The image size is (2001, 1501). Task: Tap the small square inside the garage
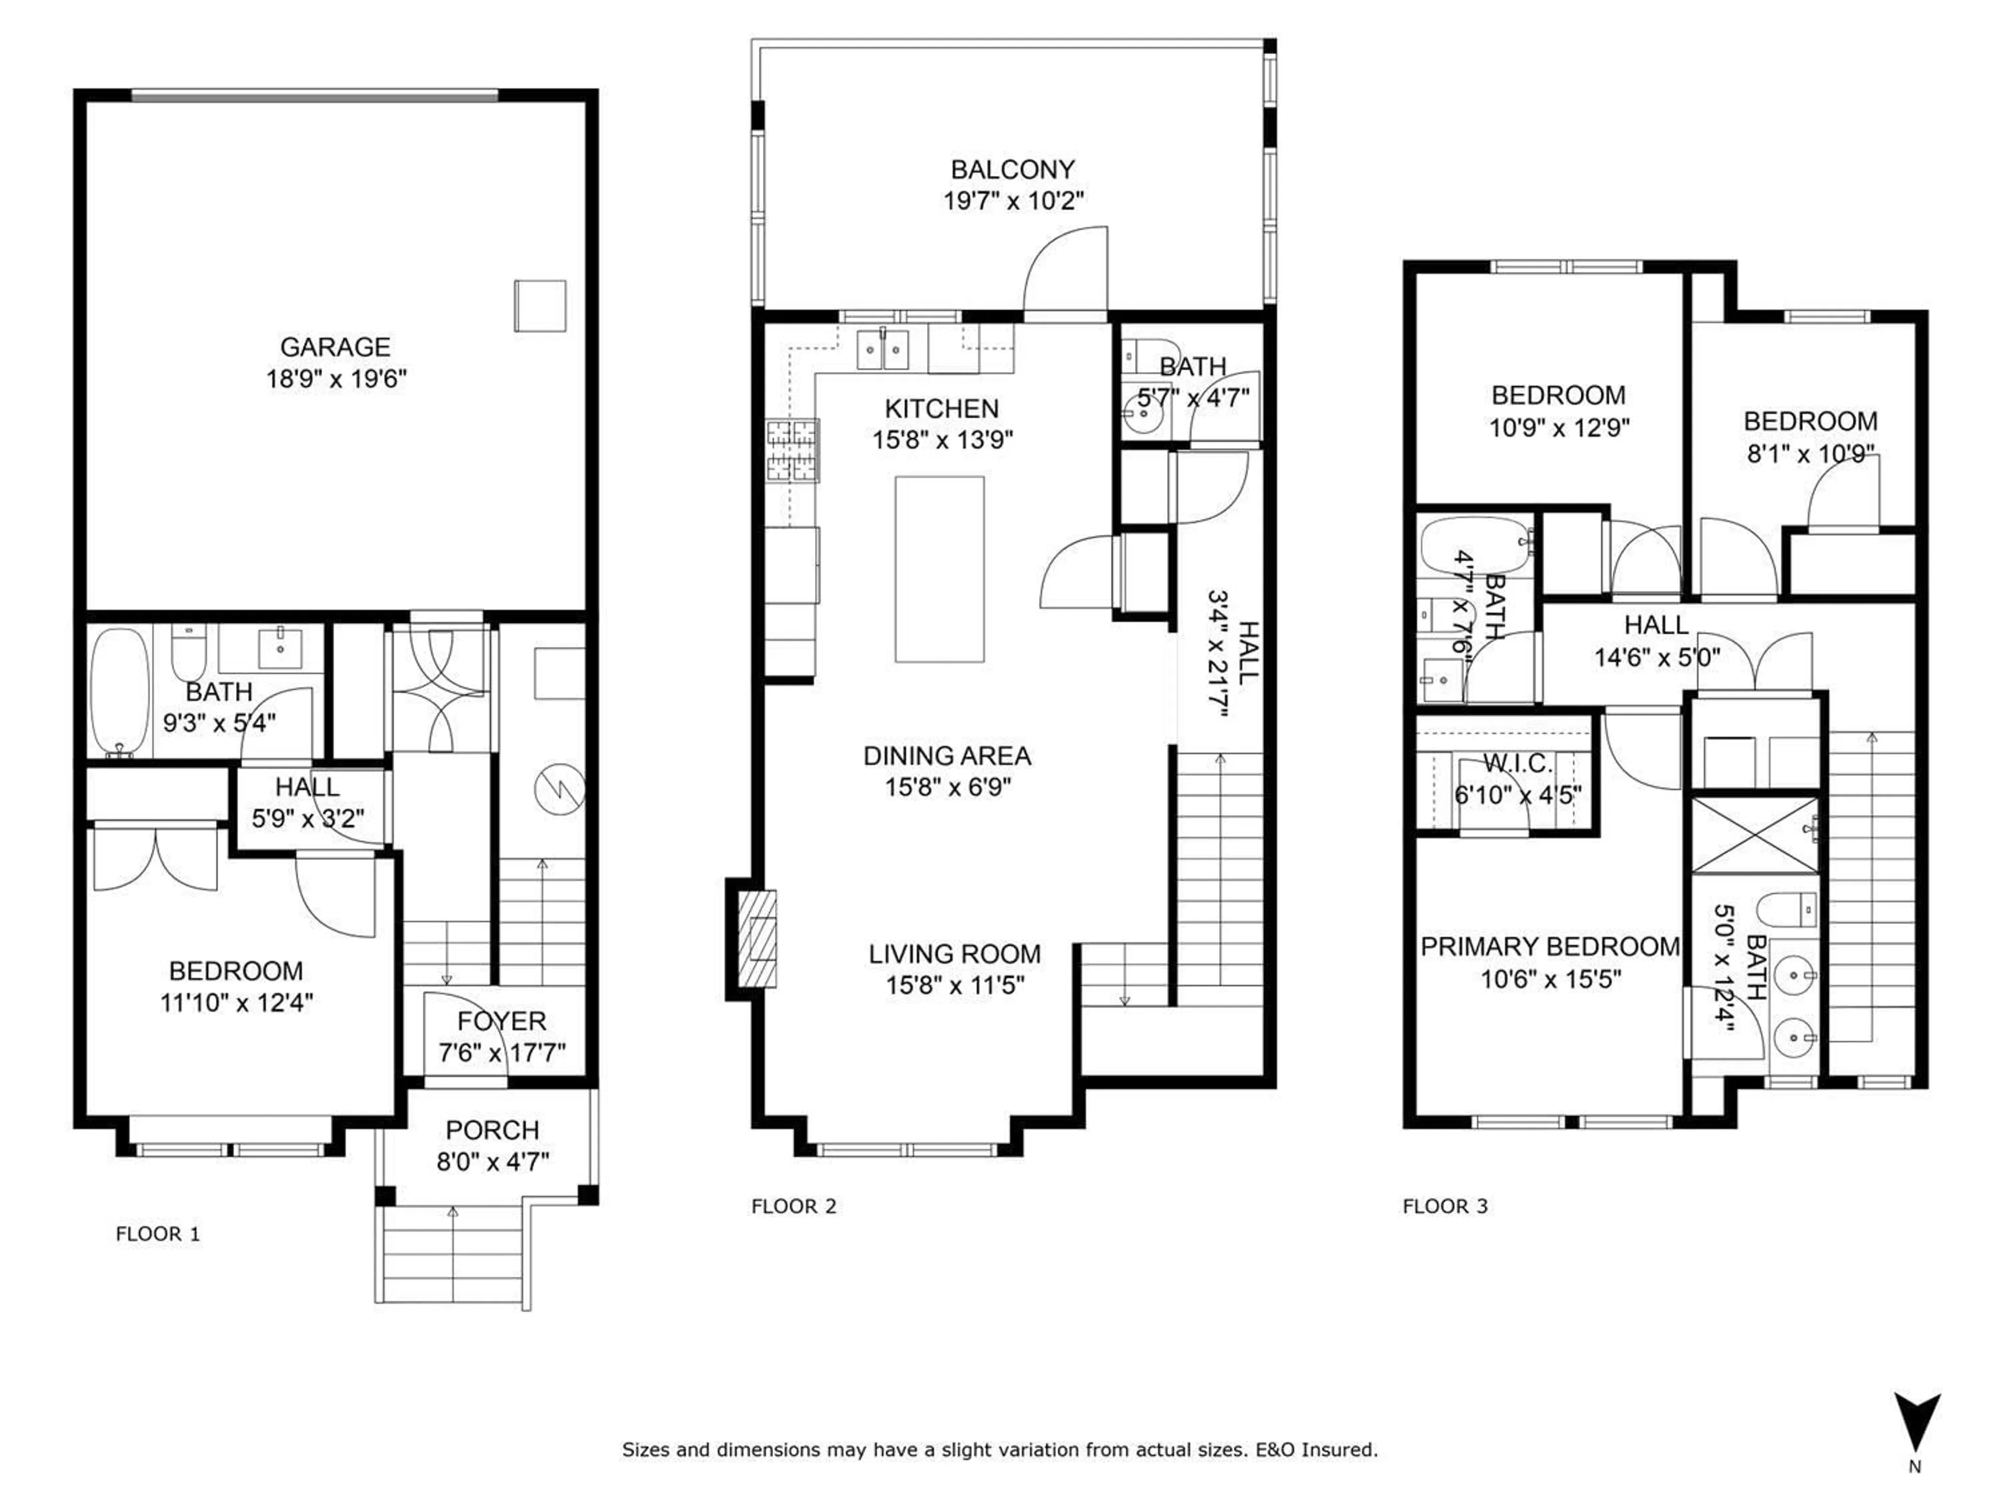pos(540,306)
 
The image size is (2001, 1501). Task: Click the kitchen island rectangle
pos(940,569)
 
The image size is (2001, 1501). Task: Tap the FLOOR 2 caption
pos(793,1206)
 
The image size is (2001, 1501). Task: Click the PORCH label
pos(492,1130)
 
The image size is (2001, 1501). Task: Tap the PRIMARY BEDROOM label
pos(1550,946)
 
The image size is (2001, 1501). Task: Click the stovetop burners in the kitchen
pos(793,450)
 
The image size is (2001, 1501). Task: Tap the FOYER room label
pos(501,1022)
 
